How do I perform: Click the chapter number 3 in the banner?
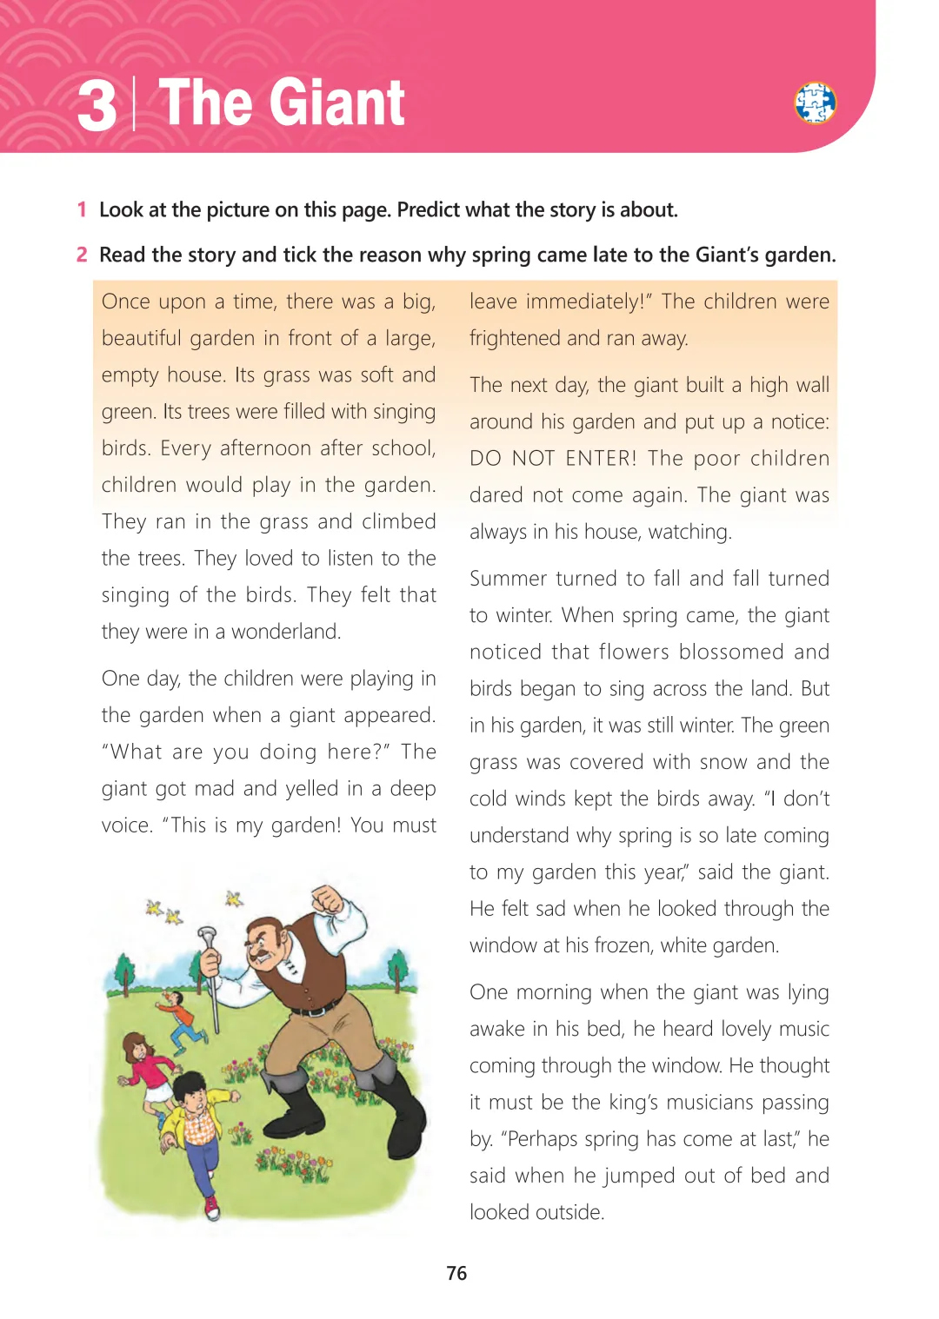point(97,105)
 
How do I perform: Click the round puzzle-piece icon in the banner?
point(815,103)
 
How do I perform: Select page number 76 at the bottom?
point(456,1273)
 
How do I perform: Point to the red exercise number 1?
point(82,209)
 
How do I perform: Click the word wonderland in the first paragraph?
point(285,632)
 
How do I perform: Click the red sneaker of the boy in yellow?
point(211,1207)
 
